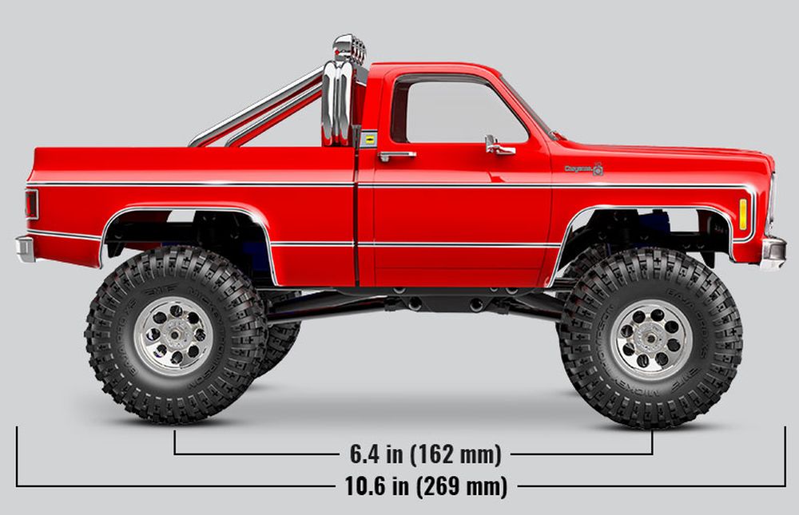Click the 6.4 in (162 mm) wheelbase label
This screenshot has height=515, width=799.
point(425,455)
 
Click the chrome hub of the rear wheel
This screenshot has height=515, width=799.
point(173,336)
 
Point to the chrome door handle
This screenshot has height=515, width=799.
point(396,155)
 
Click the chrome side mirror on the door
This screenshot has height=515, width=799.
point(497,145)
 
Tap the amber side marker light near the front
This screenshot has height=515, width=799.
point(743,213)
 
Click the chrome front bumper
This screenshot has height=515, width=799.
point(773,252)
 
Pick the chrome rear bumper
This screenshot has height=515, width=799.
point(25,248)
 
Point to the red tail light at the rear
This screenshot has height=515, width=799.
point(31,204)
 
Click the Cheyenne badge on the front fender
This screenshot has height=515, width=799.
point(583,168)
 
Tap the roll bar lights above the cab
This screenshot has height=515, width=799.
point(349,50)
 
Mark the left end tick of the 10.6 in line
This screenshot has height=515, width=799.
point(17,456)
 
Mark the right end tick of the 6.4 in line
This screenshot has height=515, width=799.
point(652,443)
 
